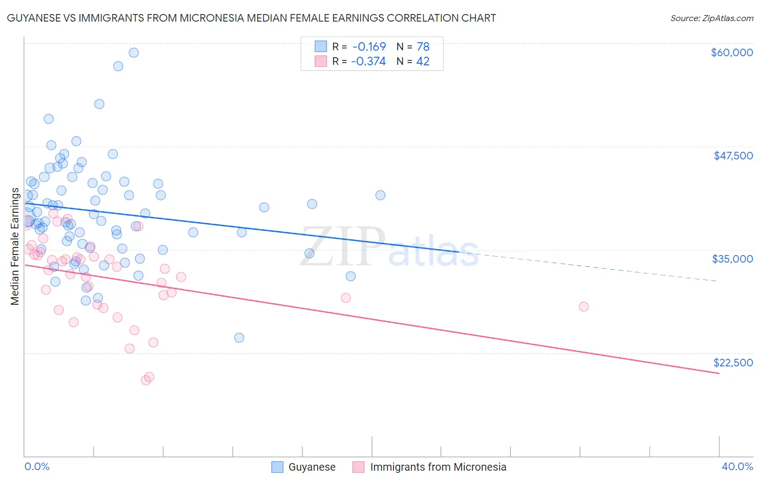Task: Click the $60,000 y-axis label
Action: [x=731, y=52]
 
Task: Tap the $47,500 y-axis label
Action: [x=733, y=156]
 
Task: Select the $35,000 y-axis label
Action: [x=732, y=259]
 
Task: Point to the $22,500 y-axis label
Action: [x=733, y=363]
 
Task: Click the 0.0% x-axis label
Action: [x=37, y=466]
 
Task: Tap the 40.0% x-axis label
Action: [x=737, y=466]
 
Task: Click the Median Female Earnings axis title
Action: [x=15, y=246]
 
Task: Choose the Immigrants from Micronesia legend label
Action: [x=438, y=467]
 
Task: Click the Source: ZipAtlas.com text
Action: [x=711, y=18]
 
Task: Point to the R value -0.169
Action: [x=369, y=46]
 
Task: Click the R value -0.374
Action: [x=368, y=62]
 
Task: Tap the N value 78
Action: [x=423, y=46]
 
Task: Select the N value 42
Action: [x=423, y=62]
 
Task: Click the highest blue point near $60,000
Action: [x=134, y=52]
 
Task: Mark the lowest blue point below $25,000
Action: [x=239, y=338]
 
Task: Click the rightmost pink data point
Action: [x=583, y=306]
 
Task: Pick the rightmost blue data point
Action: [x=380, y=195]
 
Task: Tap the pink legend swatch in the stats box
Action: [x=321, y=61]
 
